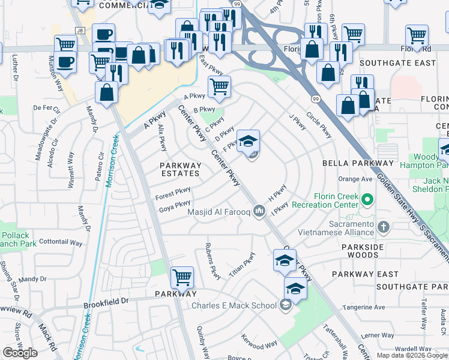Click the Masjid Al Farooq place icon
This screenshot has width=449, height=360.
[259, 211]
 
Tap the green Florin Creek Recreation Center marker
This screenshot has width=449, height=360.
[366, 197]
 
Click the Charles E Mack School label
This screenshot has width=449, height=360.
[234, 305]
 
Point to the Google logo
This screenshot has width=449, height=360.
[20, 353]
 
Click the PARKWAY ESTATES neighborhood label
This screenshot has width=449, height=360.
[180, 169]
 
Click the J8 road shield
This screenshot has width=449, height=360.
[79, 30]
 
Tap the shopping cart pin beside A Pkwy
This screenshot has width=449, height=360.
[219, 86]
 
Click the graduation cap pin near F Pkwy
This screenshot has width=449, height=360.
[248, 142]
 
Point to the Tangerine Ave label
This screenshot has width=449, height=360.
[363, 307]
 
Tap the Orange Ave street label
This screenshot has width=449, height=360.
[355, 179]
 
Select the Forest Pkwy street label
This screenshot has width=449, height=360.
[173, 193]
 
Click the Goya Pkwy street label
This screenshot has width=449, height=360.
[175, 208]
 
